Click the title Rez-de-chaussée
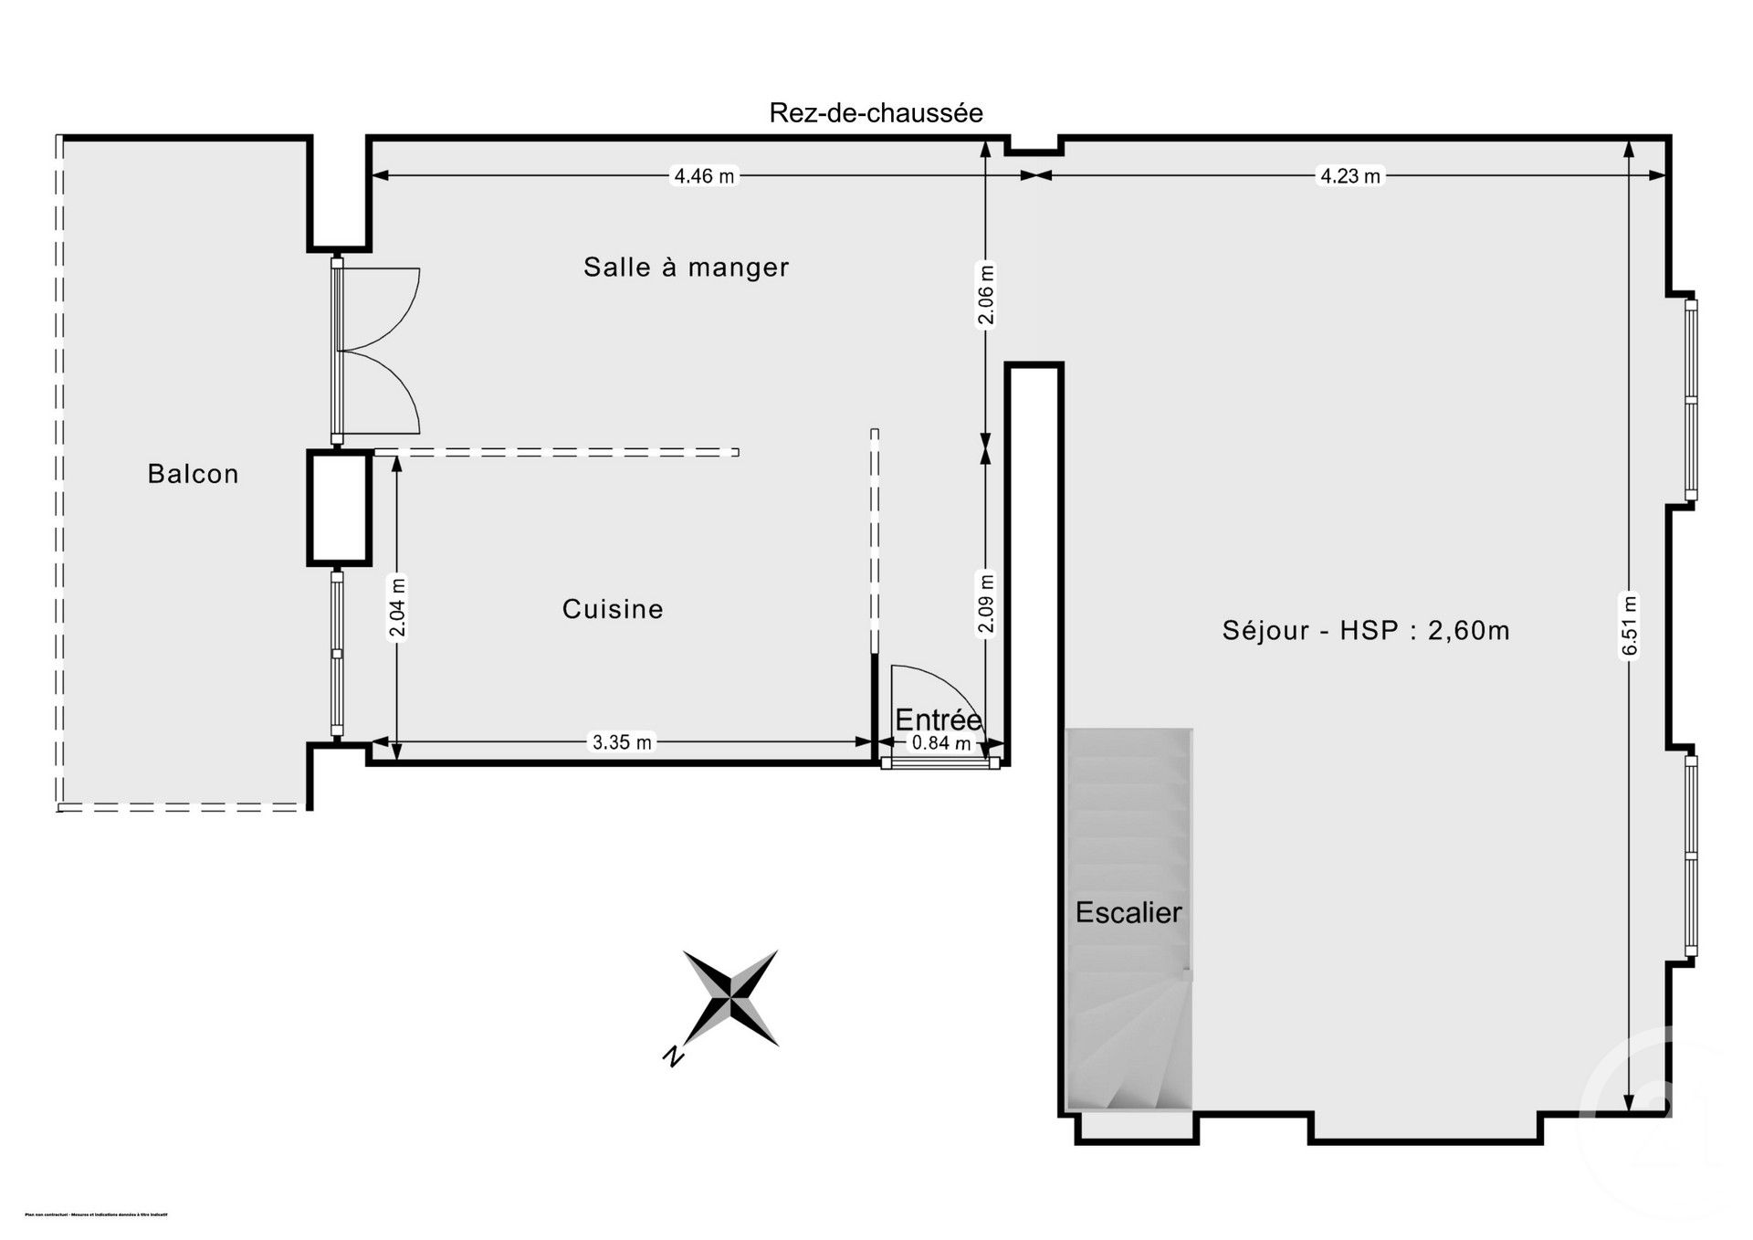point(876,113)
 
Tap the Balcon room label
point(193,474)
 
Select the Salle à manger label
point(686,268)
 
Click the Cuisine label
point(612,609)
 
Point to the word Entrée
point(938,720)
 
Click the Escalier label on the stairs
point(1128,912)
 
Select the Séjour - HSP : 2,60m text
point(1366,630)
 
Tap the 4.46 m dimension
point(703,176)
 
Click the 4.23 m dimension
point(1349,176)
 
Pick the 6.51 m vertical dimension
point(1630,625)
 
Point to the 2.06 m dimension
point(985,294)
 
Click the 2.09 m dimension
point(985,603)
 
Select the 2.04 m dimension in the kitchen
point(397,608)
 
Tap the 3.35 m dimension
point(622,742)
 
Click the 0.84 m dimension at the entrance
point(941,743)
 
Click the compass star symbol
point(731,997)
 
